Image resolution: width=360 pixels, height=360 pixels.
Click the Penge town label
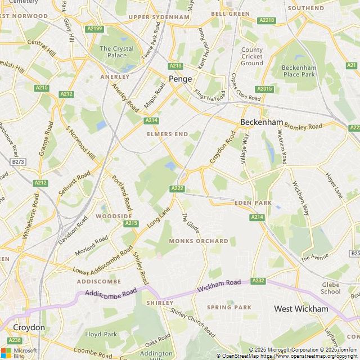coord(181,79)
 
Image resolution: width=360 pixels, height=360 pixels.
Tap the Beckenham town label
coord(262,122)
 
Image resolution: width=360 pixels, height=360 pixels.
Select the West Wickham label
coord(300,309)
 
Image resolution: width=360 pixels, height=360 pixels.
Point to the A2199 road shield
coord(94,29)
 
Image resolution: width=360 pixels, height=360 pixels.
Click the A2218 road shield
coord(267,20)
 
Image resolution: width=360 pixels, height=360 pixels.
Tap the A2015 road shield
coord(264,89)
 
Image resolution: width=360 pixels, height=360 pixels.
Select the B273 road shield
coord(19,161)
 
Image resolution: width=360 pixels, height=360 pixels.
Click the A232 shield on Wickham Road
coord(258,280)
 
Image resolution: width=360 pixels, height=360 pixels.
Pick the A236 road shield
coord(15,340)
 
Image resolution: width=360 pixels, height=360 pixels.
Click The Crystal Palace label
coord(116,52)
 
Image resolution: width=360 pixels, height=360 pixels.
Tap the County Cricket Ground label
coord(252,56)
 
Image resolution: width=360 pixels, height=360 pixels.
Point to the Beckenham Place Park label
coord(299,71)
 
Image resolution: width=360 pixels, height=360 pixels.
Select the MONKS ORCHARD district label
coord(199,241)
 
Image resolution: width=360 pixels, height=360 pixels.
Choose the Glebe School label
coord(331,288)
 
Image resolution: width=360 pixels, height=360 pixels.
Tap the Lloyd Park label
coord(101,334)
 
